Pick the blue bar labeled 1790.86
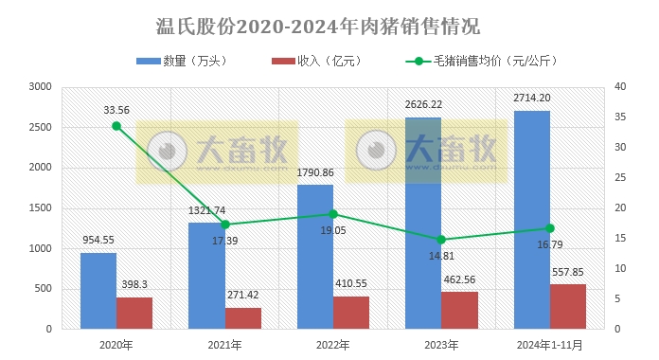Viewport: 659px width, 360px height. [314, 257]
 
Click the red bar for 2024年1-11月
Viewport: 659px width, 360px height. [567, 306]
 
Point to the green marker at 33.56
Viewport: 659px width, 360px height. [116, 126]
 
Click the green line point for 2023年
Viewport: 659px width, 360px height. [441, 240]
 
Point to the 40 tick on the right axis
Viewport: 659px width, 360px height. [620, 87]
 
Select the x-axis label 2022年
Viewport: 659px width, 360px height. [332, 345]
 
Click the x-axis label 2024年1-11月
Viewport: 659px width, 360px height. [549, 345]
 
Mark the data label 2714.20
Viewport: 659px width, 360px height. [531, 98]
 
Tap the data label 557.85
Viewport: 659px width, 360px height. [567, 272]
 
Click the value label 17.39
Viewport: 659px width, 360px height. [225, 242]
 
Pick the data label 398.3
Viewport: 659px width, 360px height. [134, 284]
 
